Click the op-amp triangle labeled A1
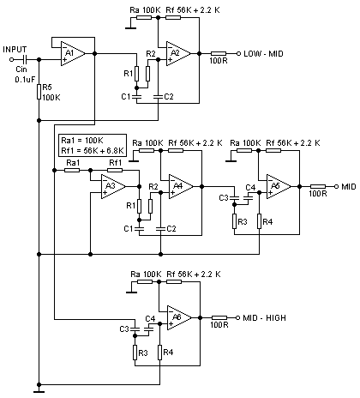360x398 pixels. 73,53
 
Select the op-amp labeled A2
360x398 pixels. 178,53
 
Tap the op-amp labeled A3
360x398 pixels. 113,186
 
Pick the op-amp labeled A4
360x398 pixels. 181,186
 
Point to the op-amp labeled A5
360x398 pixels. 279,186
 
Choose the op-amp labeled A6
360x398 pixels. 179,317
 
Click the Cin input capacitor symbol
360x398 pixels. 25,59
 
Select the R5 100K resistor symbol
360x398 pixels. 39,92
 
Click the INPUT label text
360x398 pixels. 15,50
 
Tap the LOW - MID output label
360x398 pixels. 263,54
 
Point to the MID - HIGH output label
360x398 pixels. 264,318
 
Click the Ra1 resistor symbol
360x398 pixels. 72,170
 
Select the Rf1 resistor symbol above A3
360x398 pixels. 115,170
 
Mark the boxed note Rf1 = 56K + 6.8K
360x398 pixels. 93,151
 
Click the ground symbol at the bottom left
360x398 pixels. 39,392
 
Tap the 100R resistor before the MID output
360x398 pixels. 318,186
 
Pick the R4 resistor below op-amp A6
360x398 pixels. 160,353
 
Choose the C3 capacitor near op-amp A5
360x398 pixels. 234,198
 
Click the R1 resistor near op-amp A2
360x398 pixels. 136,74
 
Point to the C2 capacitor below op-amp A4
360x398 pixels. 160,229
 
